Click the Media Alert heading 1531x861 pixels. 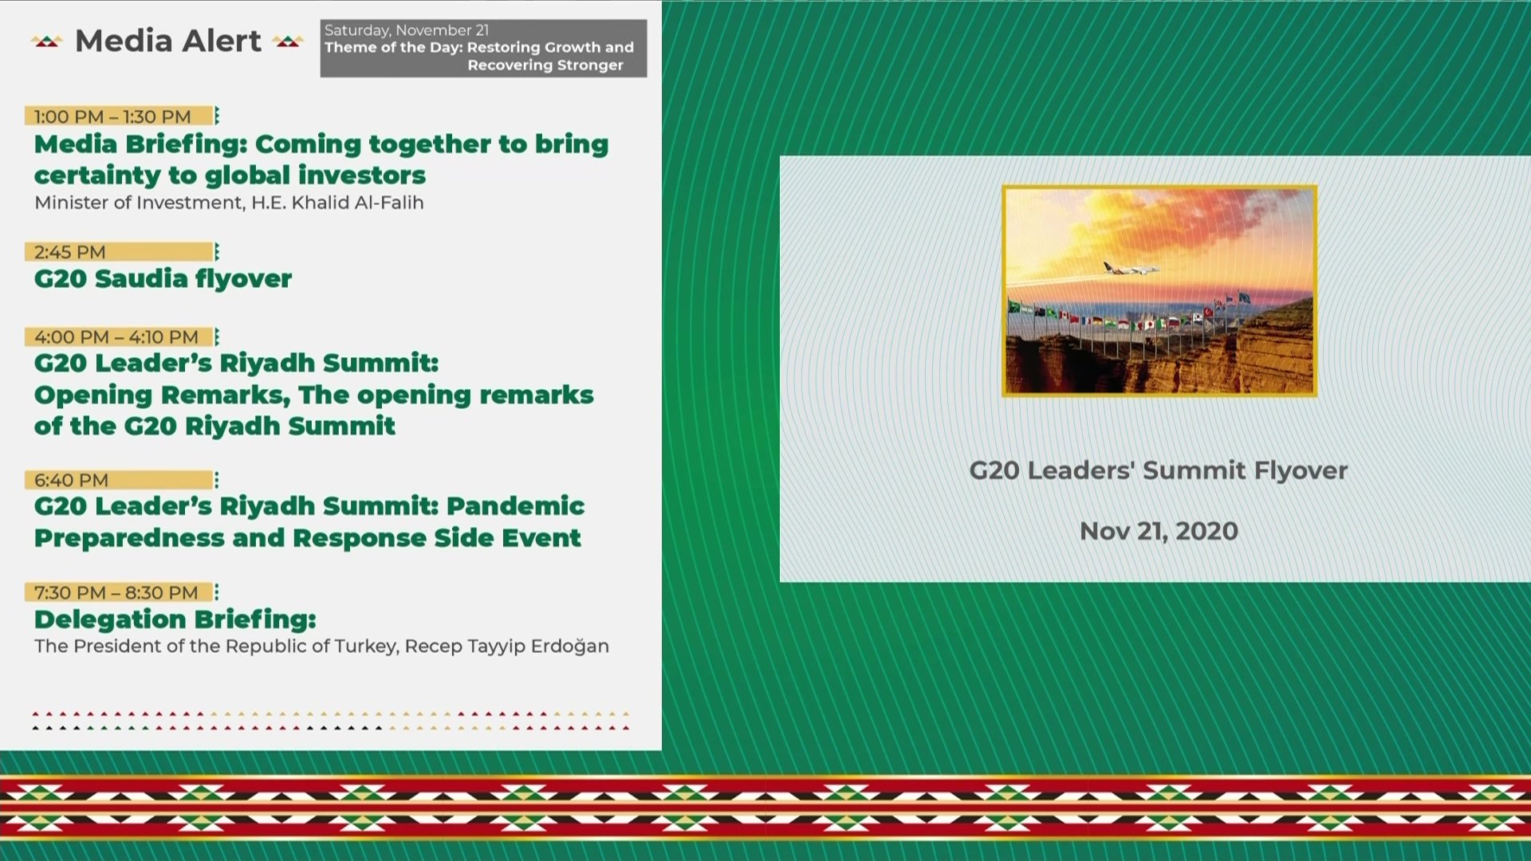[x=167, y=41]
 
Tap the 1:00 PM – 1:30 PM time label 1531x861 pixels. [x=112, y=116]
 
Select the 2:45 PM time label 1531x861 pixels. [x=69, y=252]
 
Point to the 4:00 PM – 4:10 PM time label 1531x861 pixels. [x=116, y=337]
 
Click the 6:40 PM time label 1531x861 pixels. [x=71, y=480]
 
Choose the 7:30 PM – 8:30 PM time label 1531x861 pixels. [x=116, y=592]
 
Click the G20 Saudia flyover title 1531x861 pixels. [x=163, y=278]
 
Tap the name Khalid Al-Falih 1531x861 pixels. [x=357, y=202]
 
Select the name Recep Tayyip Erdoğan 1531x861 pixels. [x=506, y=646]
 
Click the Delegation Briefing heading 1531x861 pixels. [x=175, y=619]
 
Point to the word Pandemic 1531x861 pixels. [x=515, y=505]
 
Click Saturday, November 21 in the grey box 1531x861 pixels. [x=406, y=30]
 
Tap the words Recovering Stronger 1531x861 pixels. [x=545, y=65]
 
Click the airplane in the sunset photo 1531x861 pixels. [x=1131, y=269]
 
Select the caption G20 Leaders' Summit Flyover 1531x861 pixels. [x=1158, y=470]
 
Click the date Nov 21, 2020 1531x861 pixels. [x=1159, y=531]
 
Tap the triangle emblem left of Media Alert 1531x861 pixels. [x=46, y=41]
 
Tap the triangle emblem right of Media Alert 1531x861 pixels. [x=287, y=41]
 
